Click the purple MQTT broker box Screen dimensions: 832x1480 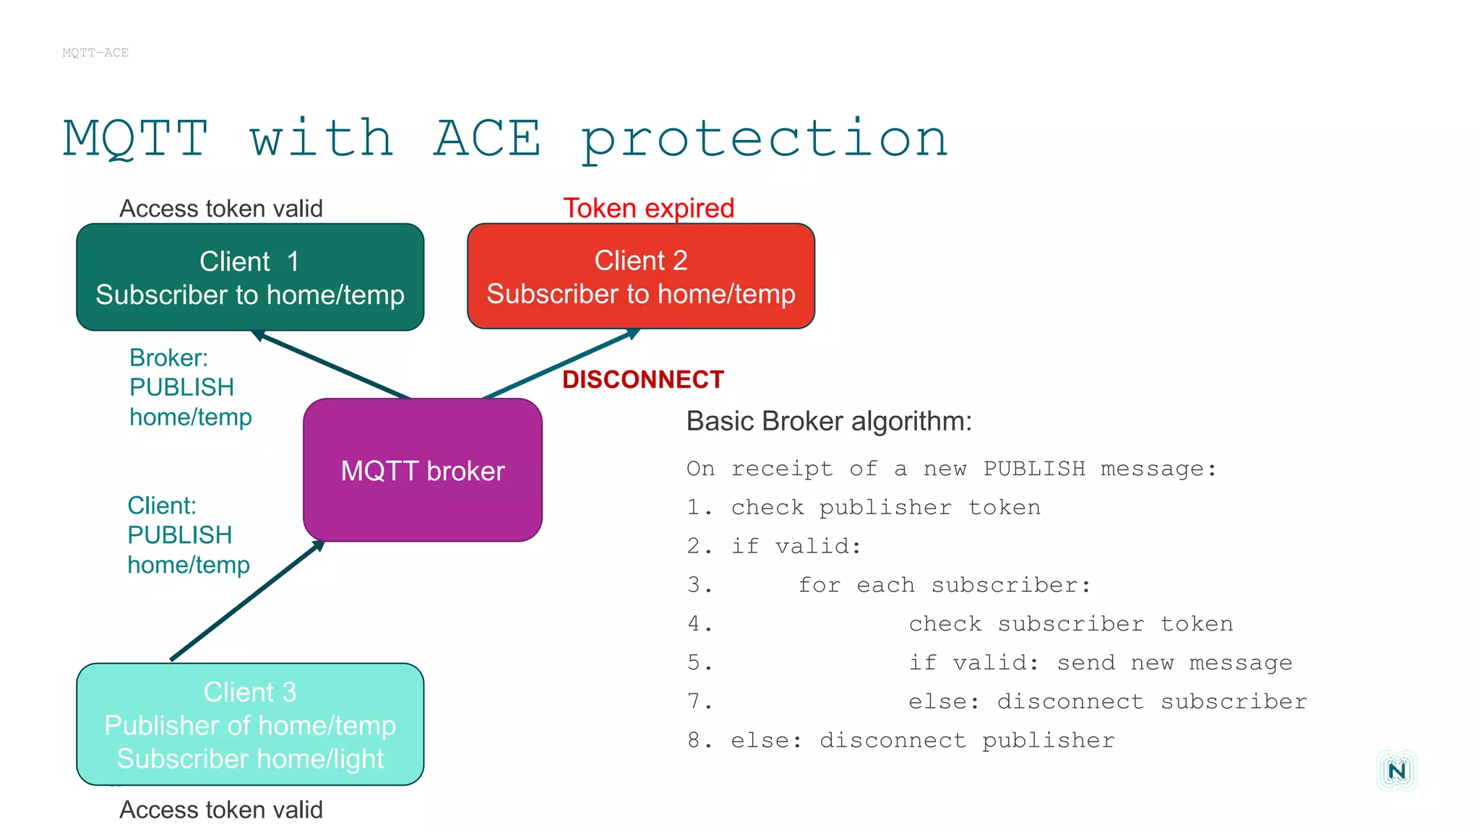[423, 470]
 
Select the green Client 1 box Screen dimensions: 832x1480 [250, 277]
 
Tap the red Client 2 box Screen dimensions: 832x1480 [640, 277]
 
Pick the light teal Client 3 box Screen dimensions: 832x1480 [250, 724]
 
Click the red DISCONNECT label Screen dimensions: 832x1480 [642, 380]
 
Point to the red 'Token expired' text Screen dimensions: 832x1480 [648, 208]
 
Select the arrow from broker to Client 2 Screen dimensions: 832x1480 [560, 363]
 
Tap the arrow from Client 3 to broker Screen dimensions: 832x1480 [246, 601]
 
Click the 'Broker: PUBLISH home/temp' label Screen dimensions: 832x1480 [189, 388]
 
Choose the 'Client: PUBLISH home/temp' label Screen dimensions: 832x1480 [188, 535]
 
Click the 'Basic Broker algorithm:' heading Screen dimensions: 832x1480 [828, 421]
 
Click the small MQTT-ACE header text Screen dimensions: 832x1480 [95, 53]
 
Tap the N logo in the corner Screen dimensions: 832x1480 [1396, 771]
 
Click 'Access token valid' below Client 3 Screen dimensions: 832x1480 [220, 810]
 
